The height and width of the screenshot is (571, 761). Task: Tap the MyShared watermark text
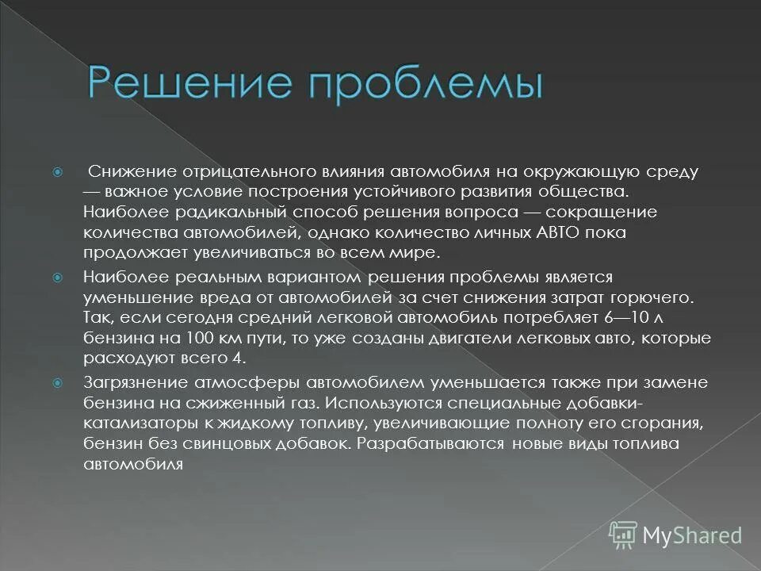(x=692, y=535)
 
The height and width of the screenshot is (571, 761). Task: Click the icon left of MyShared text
(x=624, y=535)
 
